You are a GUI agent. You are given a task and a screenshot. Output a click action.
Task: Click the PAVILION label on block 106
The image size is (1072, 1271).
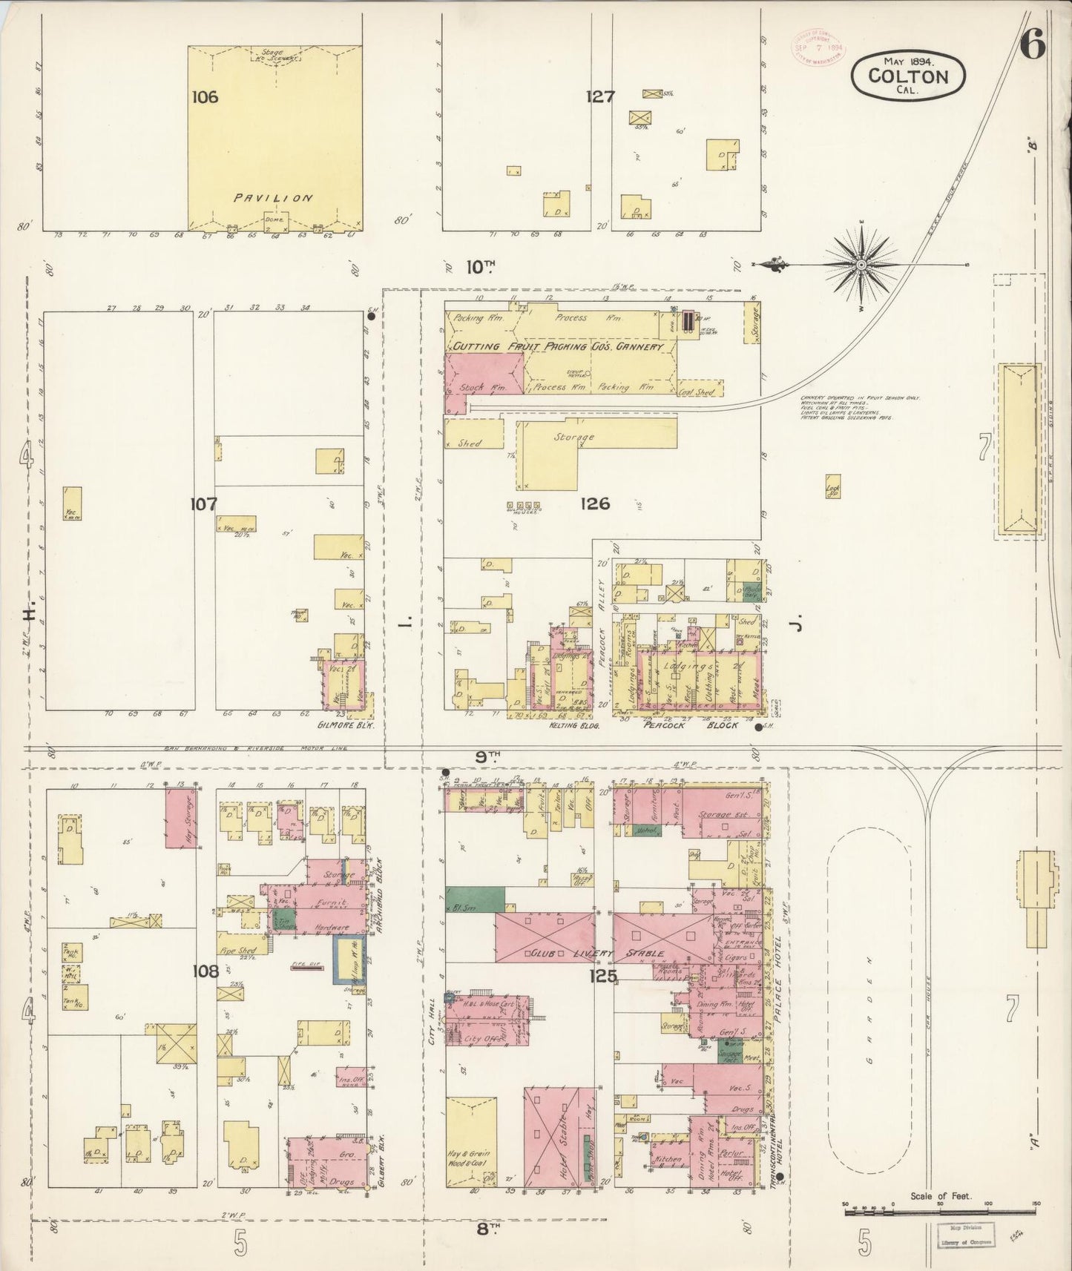(x=273, y=199)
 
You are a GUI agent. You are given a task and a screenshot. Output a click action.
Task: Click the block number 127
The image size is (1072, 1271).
(x=599, y=96)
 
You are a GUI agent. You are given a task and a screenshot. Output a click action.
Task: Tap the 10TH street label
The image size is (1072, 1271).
(x=480, y=266)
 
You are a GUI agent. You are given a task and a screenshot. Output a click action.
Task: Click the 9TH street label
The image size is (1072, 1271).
(x=487, y=756)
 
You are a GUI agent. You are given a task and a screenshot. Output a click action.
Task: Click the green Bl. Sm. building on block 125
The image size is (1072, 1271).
(x=470, y=899)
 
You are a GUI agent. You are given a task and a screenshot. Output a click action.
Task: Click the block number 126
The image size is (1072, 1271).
(x=595, y=504)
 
